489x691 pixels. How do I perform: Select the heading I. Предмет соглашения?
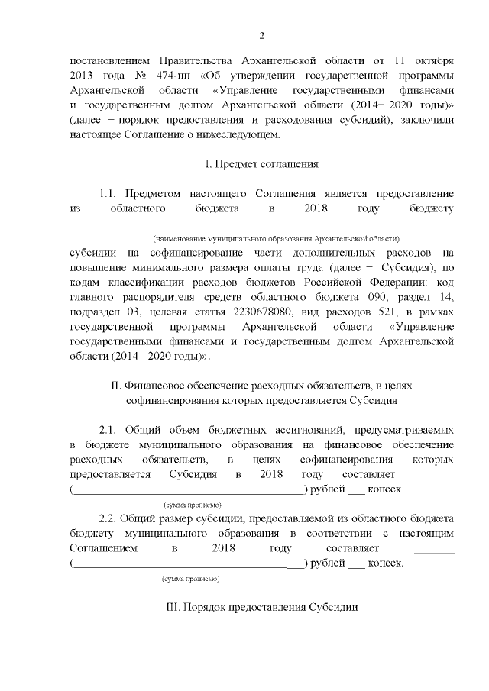[x=262, y=163]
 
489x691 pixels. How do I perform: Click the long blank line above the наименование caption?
[x=248, y=227]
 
